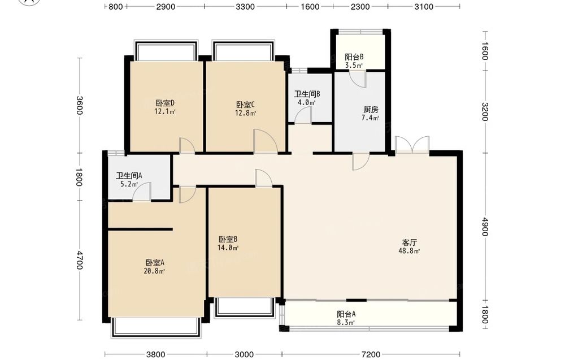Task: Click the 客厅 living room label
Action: point(409,242)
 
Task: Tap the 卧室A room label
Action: point(155,263)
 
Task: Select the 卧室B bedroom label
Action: point(228,239)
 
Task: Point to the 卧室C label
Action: point(245,105)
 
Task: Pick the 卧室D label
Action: point(165,103)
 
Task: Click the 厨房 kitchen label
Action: point(371,110)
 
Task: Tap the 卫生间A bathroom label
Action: point(129,176)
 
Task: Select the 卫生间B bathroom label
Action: point(307,94)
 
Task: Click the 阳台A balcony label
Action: point(346,314)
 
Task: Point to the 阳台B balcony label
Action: point(354,57)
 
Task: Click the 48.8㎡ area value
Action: point(409,251)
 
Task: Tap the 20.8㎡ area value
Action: point(154,271)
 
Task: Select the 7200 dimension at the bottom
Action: point(371,354)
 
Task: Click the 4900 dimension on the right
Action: point(485,227)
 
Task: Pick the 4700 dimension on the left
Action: point(80,260)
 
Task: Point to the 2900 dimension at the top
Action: point(166,6)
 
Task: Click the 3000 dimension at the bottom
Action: point(244,354)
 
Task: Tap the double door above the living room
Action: point(412,145)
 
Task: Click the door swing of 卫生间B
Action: point(303,115)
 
